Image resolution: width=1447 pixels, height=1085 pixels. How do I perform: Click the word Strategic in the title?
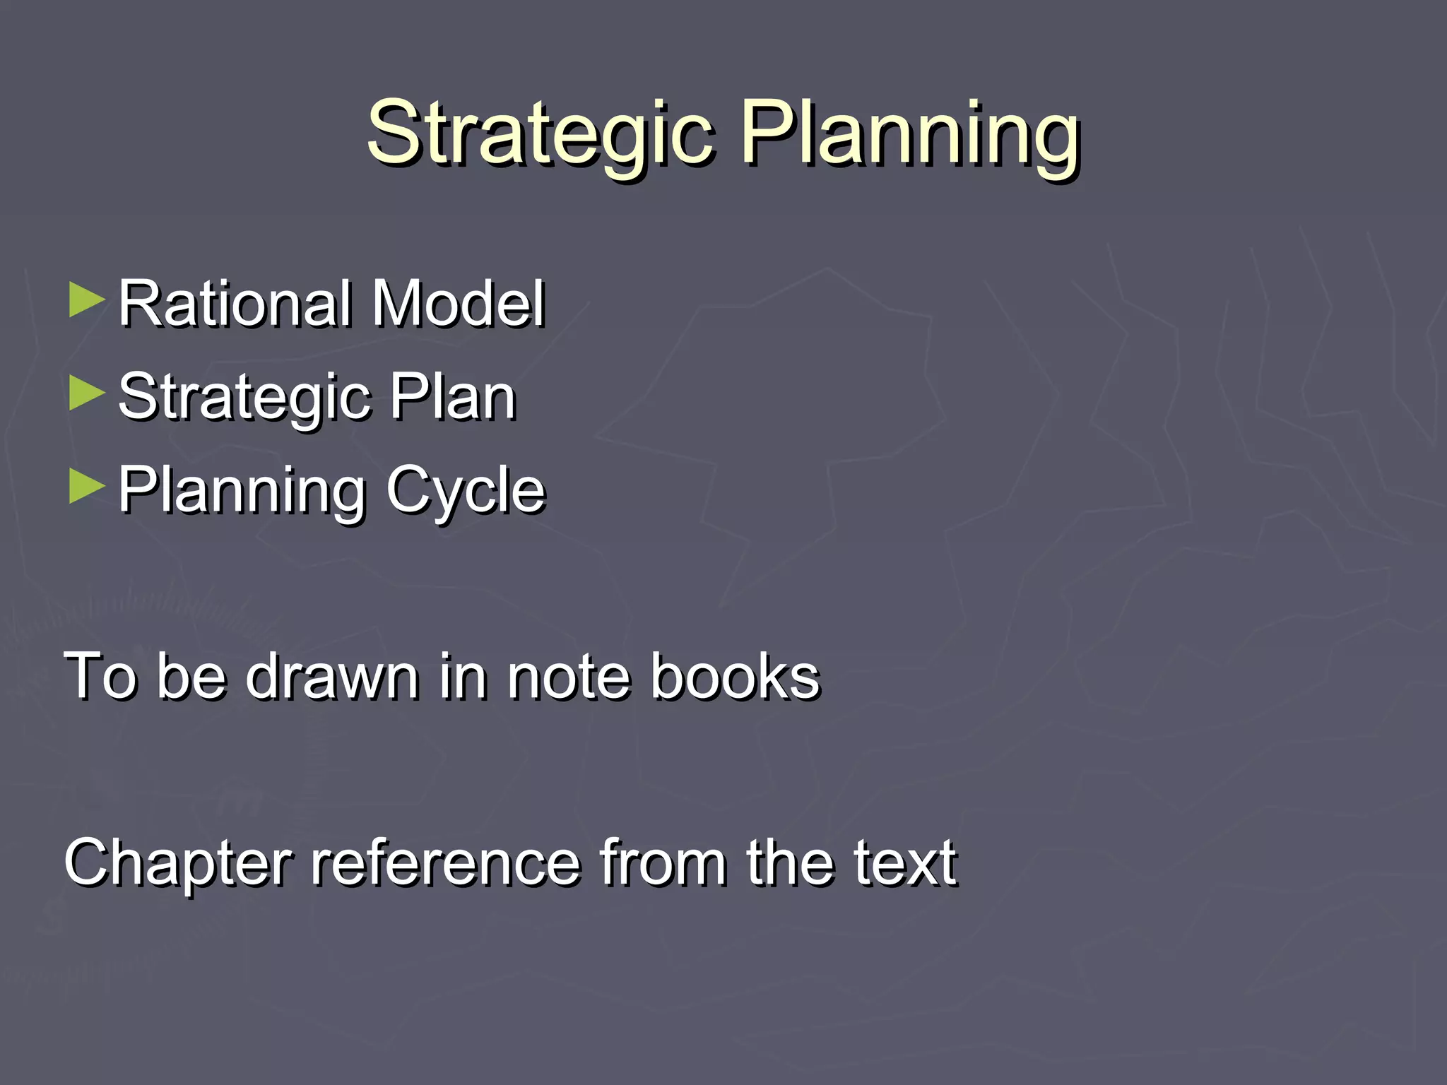click(x=541, y=134)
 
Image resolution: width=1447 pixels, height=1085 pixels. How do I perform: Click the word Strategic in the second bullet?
click(x=244, y=398)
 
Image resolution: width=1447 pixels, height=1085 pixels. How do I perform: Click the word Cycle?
click(x=466, y=492)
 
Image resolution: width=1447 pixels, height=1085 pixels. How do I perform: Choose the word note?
click(x=568, y=677)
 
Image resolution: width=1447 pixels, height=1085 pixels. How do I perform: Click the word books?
click(x=735, y=677)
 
